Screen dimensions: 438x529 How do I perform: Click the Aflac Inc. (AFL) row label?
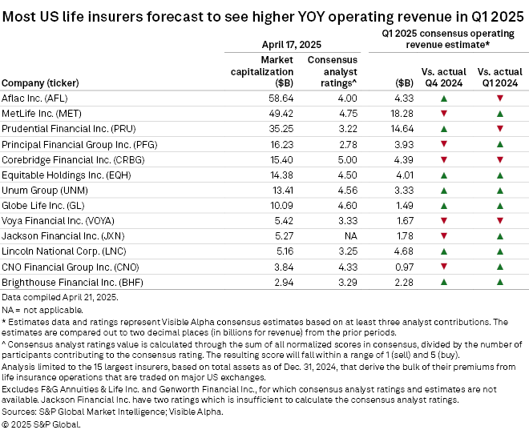[35, 97]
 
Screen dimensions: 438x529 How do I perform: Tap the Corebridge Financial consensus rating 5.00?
[336, 159]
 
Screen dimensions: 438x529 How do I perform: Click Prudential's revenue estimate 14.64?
[401, 128]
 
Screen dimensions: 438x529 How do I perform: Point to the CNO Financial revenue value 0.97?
[404, 266]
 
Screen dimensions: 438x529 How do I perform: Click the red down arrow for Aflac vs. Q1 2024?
[500, 97]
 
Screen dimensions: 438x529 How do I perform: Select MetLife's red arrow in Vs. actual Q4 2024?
[444, 113]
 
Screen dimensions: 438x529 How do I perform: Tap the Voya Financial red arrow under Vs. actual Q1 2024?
[500, 220]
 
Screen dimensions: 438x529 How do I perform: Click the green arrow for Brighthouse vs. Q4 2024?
[444, 282]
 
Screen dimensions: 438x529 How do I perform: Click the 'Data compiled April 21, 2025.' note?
[59, 297]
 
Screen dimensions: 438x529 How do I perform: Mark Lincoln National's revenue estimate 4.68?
[403, 251]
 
